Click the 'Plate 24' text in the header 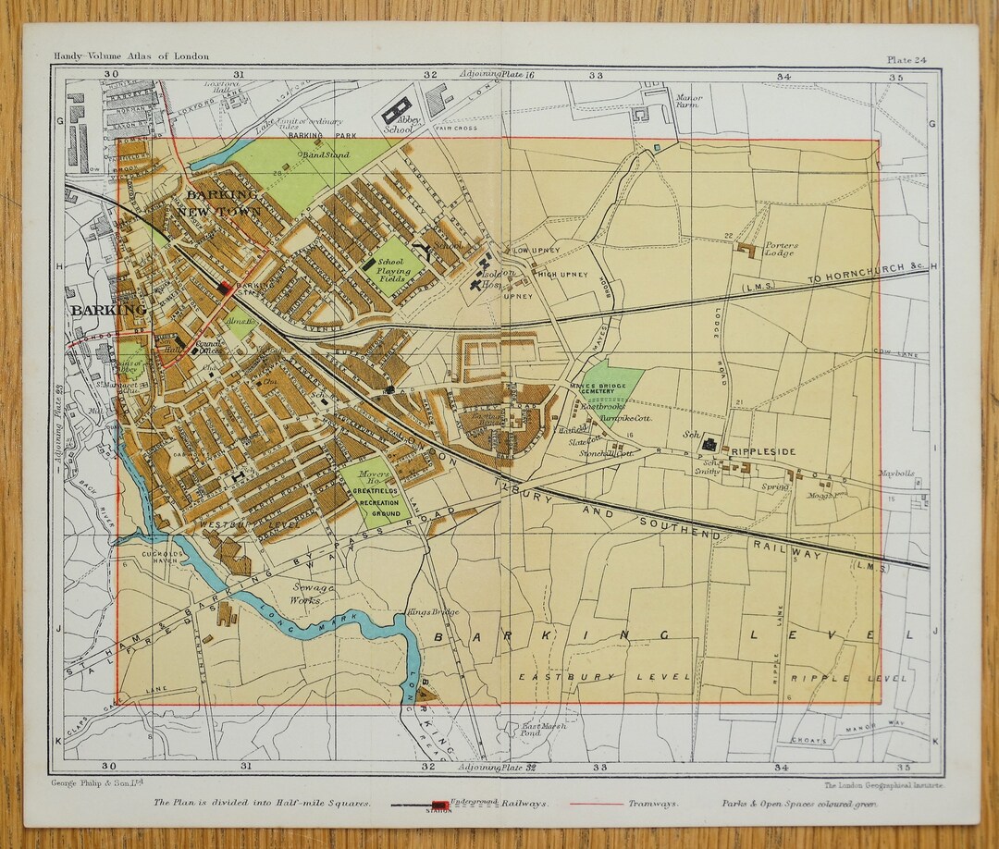tap(906, 59)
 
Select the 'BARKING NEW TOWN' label tap(222, 203)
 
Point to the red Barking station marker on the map tap(224, 289)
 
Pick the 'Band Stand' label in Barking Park tap(327, 155)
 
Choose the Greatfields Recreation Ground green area tap(376, 491)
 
